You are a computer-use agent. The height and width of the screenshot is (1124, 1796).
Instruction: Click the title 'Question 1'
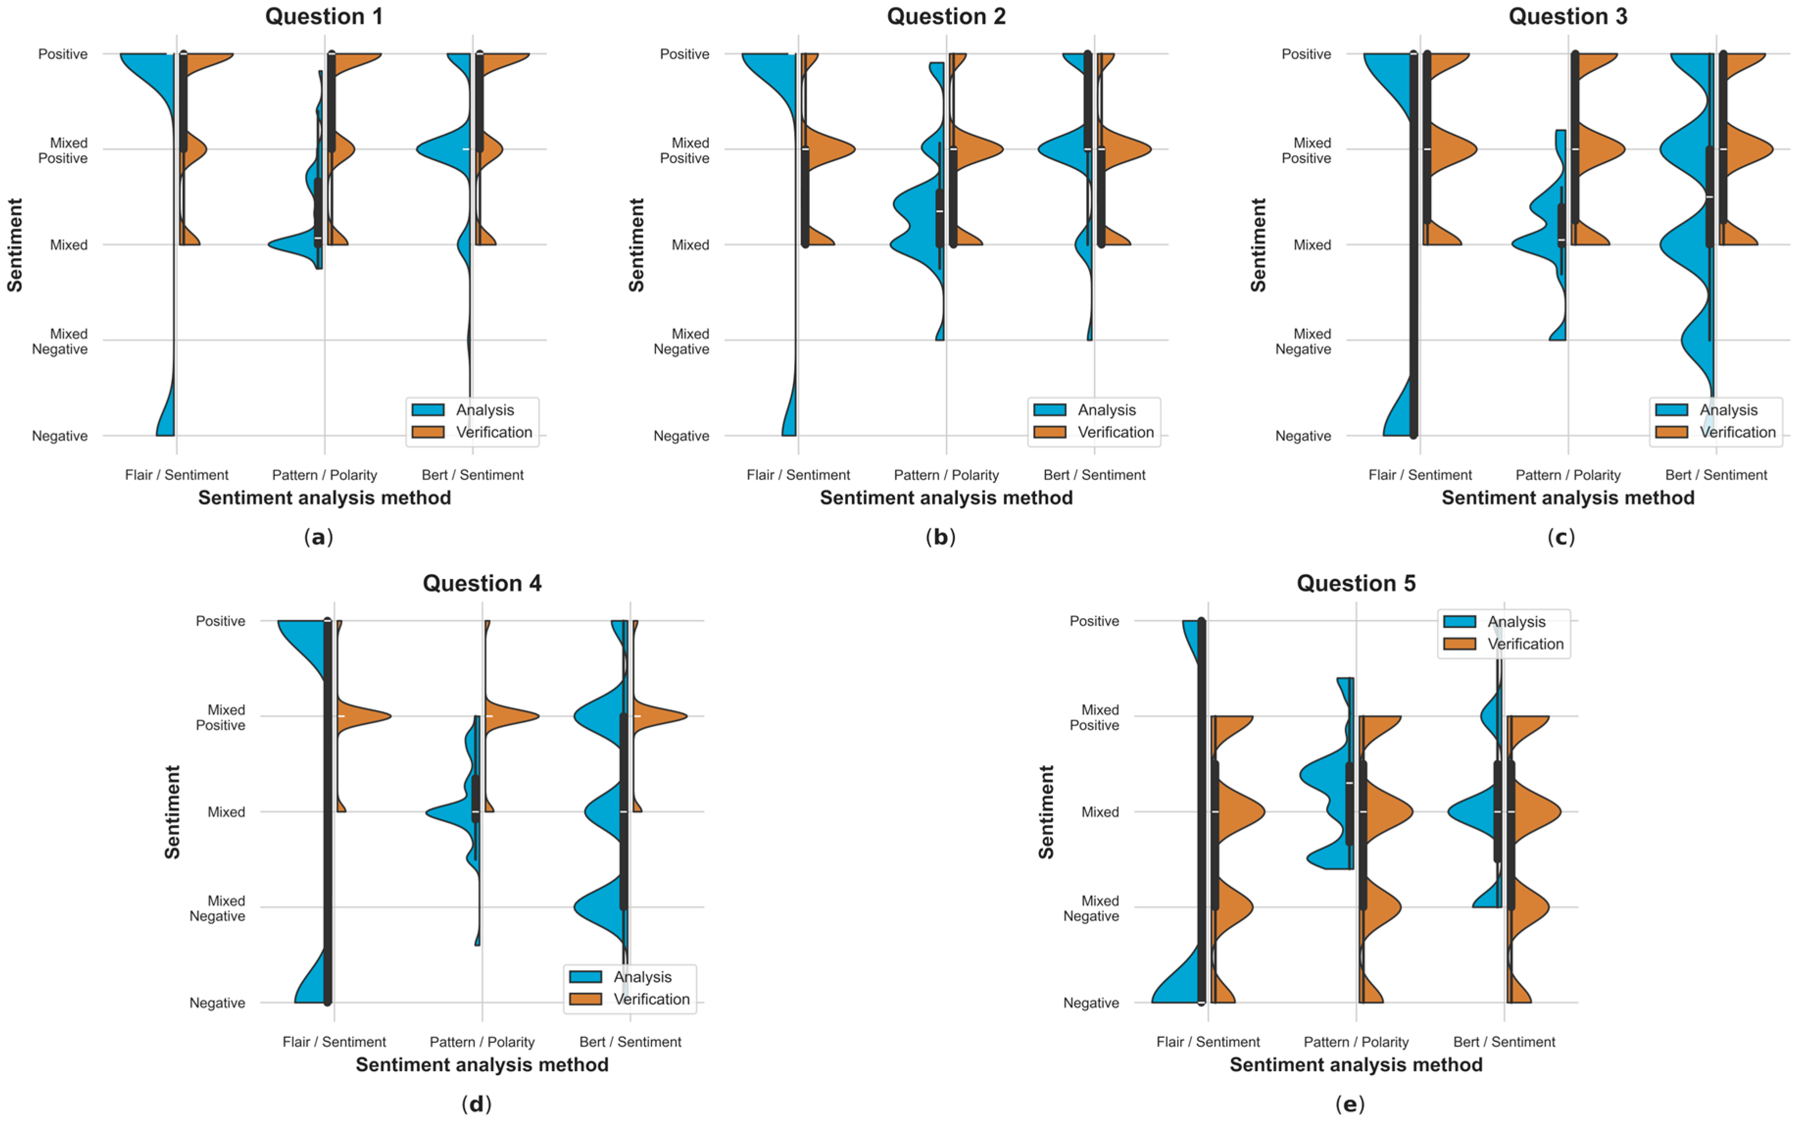point(324,16)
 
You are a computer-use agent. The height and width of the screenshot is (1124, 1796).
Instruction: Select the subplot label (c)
point(1560,537)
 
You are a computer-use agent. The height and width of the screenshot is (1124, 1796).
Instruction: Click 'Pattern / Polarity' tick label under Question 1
point(324,475)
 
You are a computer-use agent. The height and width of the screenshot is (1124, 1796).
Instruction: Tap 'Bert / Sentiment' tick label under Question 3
point(1716,475)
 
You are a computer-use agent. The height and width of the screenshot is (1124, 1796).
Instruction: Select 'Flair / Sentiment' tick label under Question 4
point(334,1042)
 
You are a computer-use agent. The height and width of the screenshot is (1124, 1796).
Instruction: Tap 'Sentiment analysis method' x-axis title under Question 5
point(1356,1065)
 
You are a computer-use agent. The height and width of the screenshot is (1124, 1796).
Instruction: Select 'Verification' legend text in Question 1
point(494,432)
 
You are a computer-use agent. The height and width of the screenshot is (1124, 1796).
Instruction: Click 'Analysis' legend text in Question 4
point(642,977)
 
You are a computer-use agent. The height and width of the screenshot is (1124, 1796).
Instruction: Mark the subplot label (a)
point(318,537)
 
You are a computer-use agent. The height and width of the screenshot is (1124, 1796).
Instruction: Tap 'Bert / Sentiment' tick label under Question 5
point(1504,1042)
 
